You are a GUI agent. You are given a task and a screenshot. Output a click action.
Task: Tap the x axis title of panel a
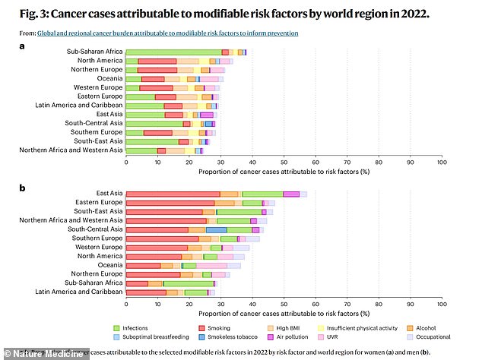[x=284, y=172]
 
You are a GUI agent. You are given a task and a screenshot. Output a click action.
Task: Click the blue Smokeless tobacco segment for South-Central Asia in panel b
[x=216, y=229]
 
